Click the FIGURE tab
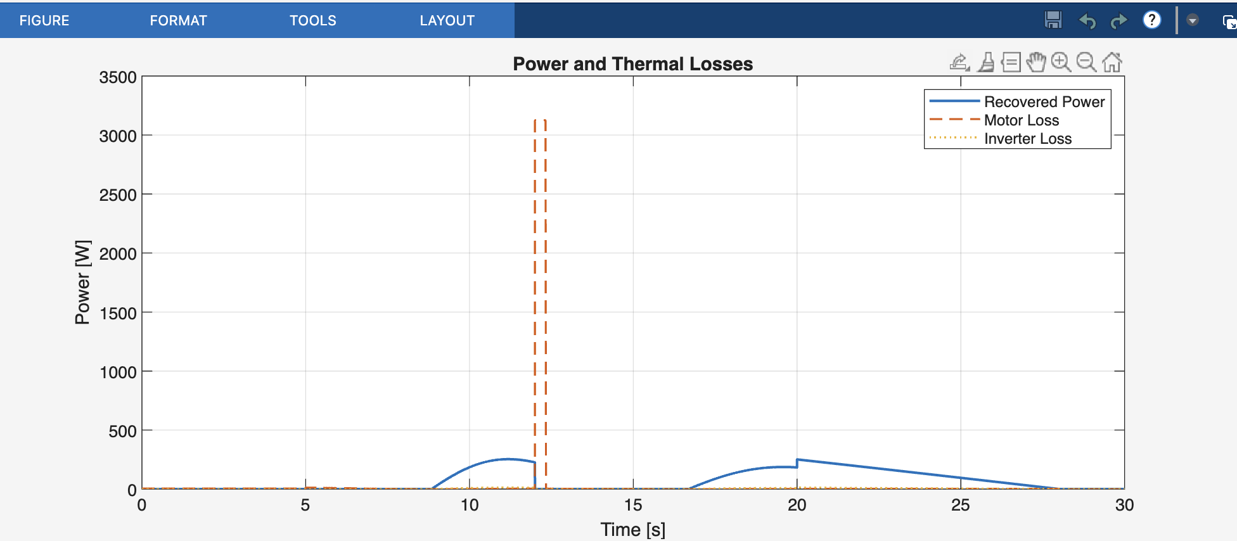pyautogui.click(x=44, y=20)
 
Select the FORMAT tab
pyautogui.click(x=178, y=20)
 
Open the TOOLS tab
pyautogui.click(x=312, y=20)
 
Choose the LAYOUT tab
pyautogui.click(x=447, y=20)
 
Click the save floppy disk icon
pyautogui.click(x=1053, y=20)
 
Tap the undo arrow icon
pyautogui.click(x=1087, y=21)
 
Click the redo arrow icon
pyautogui.click(x=1119, y=21)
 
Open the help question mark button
pyautogui.click(x=1151, y=20)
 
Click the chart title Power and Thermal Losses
pyautogui.click(x=632, y=64)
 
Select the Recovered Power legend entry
pyautogui.click(x=1044, y=102)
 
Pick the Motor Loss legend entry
pyautogui.click(x=1021, y=120)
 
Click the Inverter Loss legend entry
pyautogui.click(x=1027, y=139)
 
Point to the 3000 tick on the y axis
pyautogui.click(x=118, y=136)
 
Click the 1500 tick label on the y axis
pyautogui.click(x=118, y=314)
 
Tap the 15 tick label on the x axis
pyautogui.click(x=633, y=505)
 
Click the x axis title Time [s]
pyautogui.click(x=632, y=530)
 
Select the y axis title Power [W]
pyautogui.click(x=83, y=282)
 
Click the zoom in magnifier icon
pyautogui.click(x=1061, y=62)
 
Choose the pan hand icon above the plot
pyautogui.click(x=1036, y=62)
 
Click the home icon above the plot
pyautogui.click(x=1112, y=62)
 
